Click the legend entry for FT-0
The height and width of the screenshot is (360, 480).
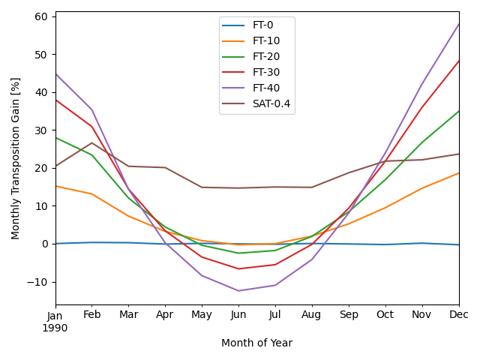coord(262,25)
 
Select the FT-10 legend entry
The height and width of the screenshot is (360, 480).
coord(265,41)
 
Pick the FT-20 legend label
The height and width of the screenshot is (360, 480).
coord(265,57)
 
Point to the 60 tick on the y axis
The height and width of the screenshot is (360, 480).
coord(41,16)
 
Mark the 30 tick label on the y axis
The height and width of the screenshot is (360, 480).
coord(41,130)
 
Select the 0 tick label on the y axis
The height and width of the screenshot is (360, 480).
coord(44,244)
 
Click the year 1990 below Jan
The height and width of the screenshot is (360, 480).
coord(55,328)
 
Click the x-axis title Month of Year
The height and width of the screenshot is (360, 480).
coord(256,343)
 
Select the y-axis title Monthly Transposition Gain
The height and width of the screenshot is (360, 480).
coord(16,158)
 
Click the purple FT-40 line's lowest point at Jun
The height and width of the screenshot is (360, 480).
coord(238,291)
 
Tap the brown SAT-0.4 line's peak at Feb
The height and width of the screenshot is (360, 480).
coord(92,142)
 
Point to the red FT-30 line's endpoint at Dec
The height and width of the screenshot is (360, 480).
coord(458,61)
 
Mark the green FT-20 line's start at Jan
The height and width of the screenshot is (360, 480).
coord(55,137)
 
